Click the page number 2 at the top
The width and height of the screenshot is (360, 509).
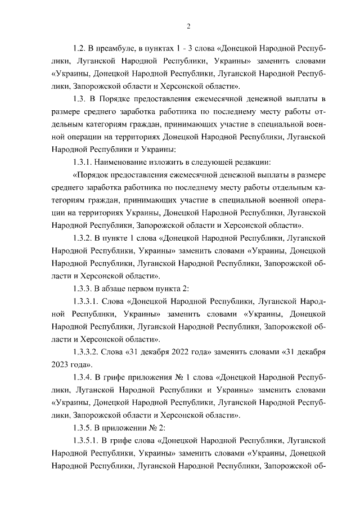[188, 26]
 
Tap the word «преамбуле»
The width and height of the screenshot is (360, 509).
[115, 49]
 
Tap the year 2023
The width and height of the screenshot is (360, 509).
[61, 364]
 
